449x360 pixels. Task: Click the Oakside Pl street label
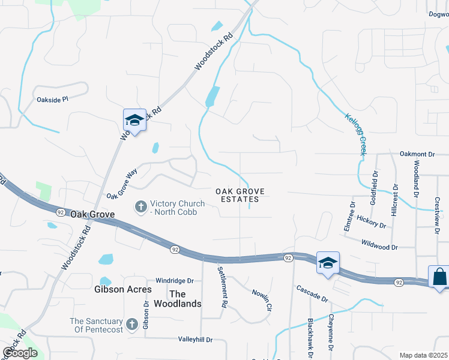pyautogui.click(x=53, y=99)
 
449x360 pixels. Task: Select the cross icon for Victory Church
pyautogui.click(x=141, y=207)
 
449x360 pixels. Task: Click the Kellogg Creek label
pyautogui.click(x=355, y=133)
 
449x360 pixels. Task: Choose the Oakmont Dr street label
pyautogui.click(x=417, y=154)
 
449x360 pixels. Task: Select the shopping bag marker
pyautogui.click(x=439, y=277)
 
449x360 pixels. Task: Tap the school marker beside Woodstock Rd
pyautogui.click(x=134, y=121)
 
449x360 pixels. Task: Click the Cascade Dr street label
pyautogui.click(x=312, y=293)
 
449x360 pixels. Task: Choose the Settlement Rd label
pyautogui.click(x=221, y=287)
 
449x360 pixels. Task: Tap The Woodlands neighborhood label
pyautogui.click(x=185, y=299)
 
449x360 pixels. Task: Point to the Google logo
pyautogui.click(x=20, y=352)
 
